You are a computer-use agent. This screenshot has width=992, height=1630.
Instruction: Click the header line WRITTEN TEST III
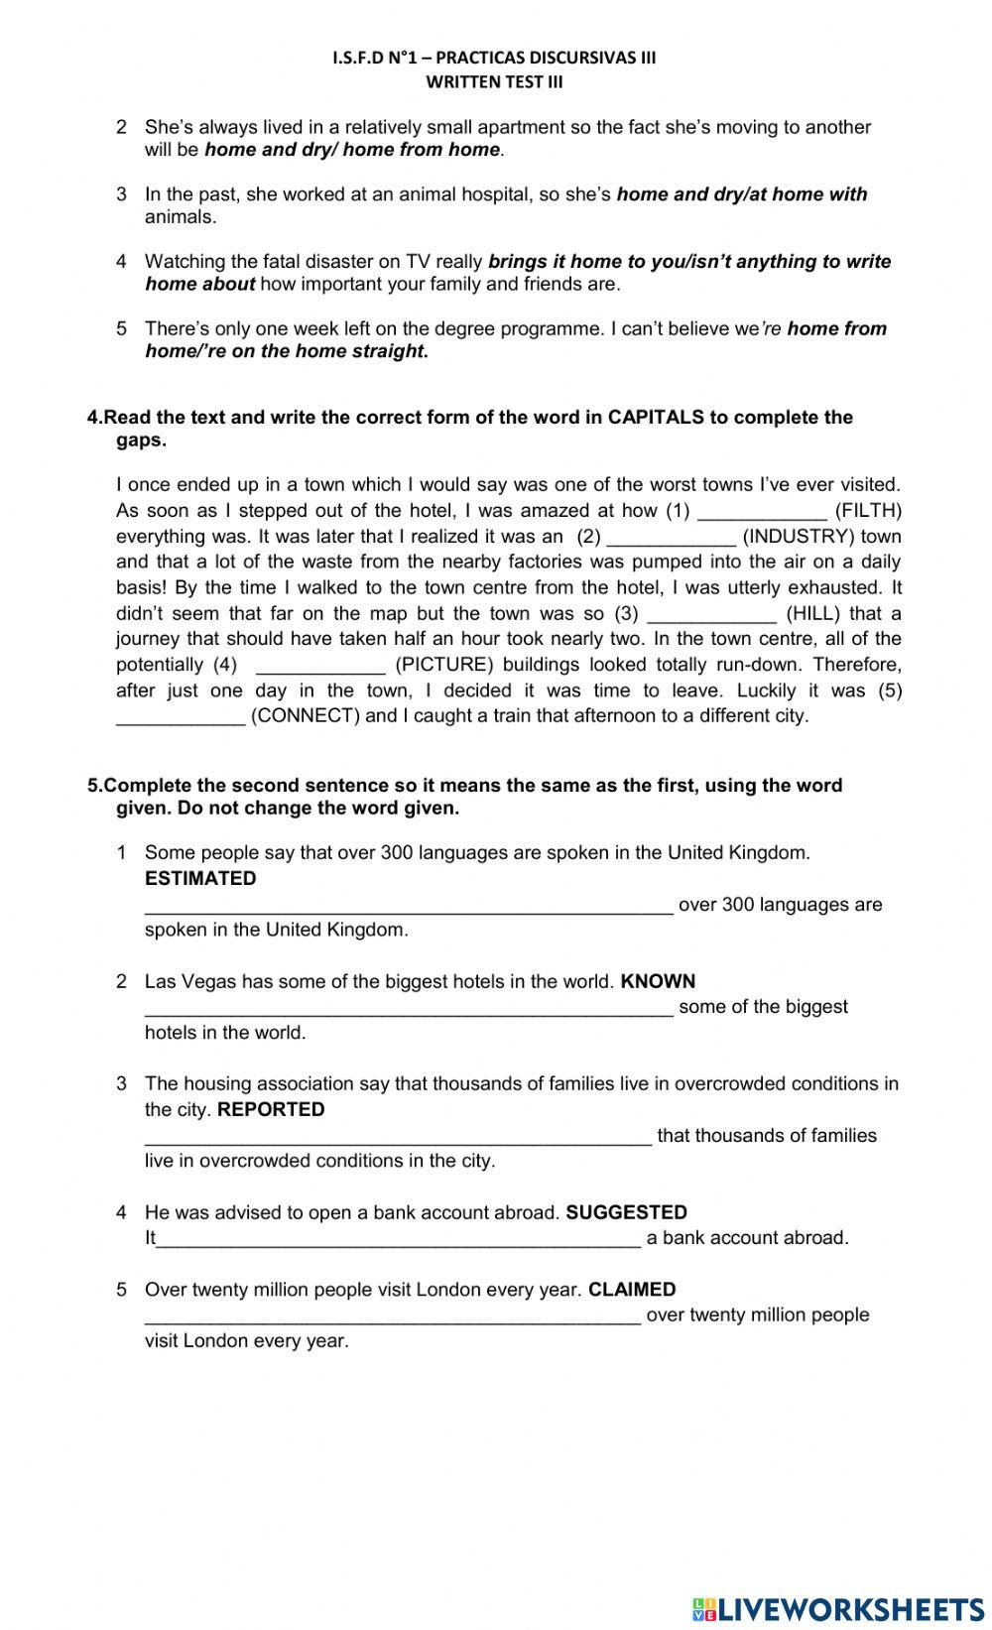click(494, 82)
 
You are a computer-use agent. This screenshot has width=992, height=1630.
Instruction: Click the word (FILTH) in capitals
click(868, 511)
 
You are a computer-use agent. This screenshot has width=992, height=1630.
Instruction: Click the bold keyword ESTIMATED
click(200, 879)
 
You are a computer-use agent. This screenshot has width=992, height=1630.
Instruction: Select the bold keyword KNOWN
click(658, 981)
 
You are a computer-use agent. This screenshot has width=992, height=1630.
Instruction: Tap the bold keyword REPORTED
click(271, 1110)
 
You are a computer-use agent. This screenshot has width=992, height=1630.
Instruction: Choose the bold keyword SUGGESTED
click(626, 1212)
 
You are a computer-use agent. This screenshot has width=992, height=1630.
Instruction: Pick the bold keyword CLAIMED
click(632, 1290)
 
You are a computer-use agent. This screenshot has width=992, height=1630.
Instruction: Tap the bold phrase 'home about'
click(199, 285)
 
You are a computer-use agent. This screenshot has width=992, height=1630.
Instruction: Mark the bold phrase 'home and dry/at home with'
click(741, 194)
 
